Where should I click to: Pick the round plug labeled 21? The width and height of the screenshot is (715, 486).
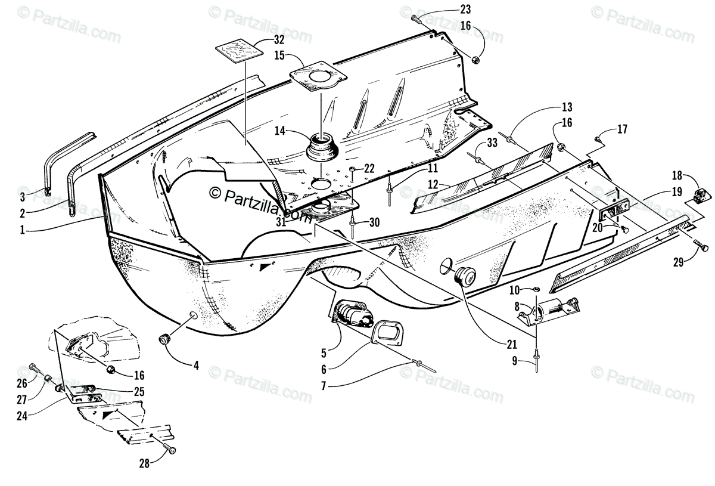462,276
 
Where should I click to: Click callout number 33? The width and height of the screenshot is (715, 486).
491,143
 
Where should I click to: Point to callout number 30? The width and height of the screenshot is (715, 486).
374,222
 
